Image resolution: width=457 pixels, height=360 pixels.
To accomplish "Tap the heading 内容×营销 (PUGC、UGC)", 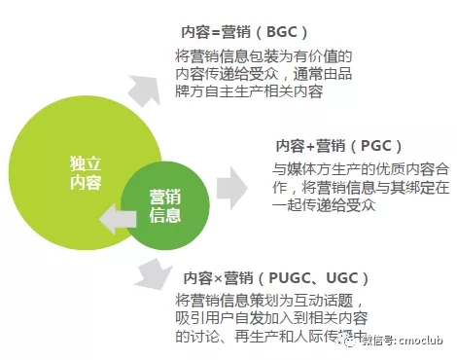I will coord(261,276).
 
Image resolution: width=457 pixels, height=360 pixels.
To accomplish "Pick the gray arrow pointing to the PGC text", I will coord(235,184).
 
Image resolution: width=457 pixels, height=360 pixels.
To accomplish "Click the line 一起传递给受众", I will coord(327,206).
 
